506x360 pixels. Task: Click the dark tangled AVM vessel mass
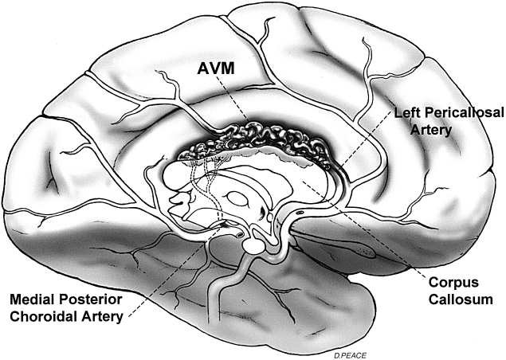coord(263,143)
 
